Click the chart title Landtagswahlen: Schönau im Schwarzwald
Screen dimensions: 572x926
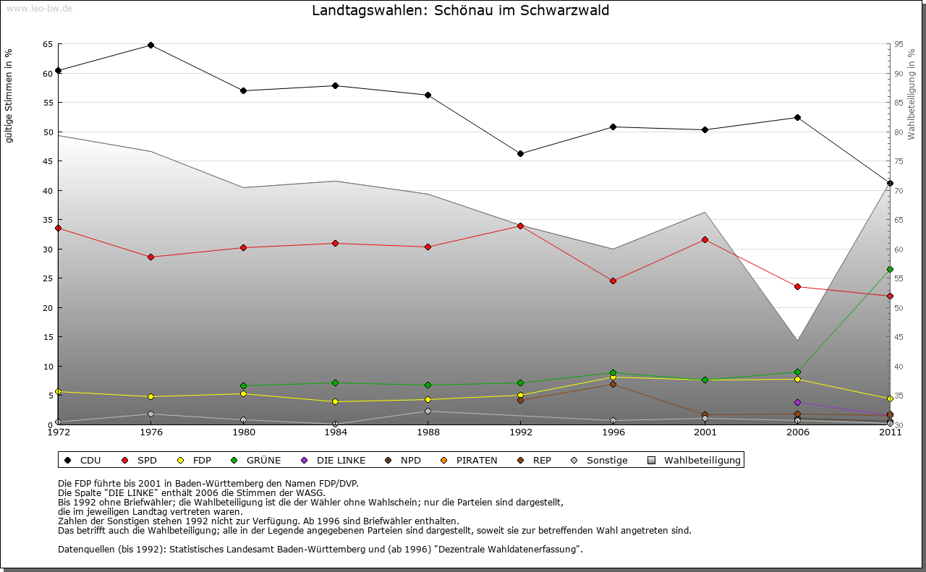(460, 11)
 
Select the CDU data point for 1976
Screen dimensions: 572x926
(150, 45)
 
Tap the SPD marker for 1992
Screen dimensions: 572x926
(520, 226)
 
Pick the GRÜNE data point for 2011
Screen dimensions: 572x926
(890, 269)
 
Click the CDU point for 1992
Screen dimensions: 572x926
(520, 153)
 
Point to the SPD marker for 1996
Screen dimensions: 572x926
(613, 281)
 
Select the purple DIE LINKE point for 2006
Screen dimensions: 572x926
(797, 402)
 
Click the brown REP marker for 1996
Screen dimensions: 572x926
(613, 384)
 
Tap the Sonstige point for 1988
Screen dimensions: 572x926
(428, 411)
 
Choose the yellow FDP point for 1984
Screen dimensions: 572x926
(336, 401)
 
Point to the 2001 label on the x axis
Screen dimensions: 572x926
(705, 432)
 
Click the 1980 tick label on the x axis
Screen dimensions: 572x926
(243, 432)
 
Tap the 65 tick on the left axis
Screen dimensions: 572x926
(47, 44)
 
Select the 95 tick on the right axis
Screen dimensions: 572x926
(899, 44)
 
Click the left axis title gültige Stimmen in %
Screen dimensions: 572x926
(9, 95)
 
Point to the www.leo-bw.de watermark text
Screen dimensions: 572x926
(40, 9)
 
